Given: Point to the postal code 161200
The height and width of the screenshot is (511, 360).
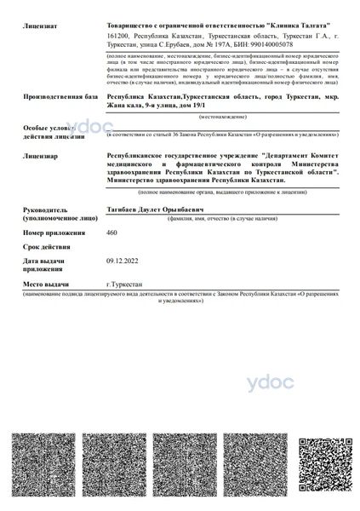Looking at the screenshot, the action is click(121, 37).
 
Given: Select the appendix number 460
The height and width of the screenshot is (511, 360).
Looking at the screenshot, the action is click(111, 233).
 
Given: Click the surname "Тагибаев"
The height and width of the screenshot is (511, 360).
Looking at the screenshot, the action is click(123, 209).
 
